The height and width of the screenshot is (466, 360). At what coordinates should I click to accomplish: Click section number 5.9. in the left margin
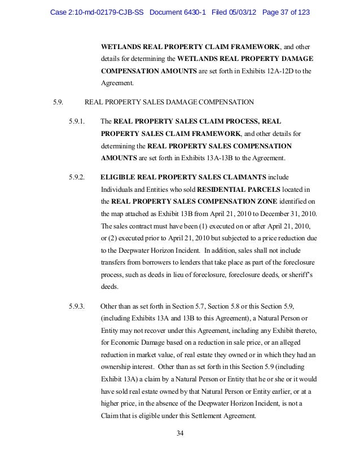click(x=58, y=102)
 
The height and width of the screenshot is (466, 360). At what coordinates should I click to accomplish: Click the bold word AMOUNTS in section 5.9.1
click(x=119, y=158)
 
